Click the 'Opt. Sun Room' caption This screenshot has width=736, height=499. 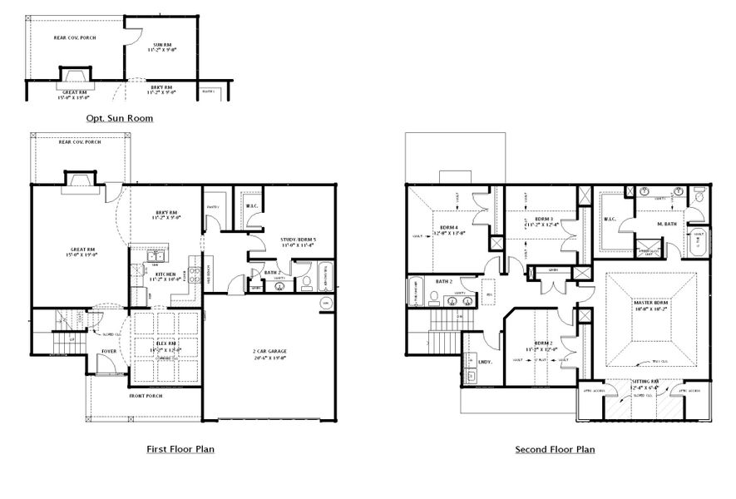coord(119,119)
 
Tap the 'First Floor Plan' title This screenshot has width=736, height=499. coord(180,449)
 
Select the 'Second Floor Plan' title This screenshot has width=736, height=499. coord(555,449)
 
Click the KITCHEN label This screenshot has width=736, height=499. coord(165,274)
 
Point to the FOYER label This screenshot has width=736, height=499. coord(110,351)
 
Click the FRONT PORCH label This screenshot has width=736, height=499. coord(145,396)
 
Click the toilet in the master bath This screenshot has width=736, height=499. coord(699,198)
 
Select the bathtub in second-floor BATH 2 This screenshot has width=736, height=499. coord(415,294)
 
